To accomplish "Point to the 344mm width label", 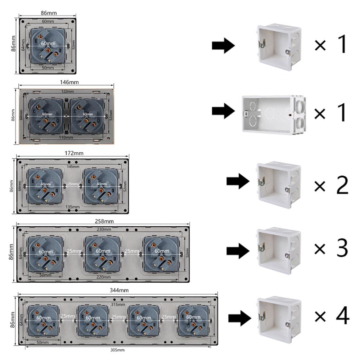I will point(120,290).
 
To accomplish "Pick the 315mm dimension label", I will point(118,304).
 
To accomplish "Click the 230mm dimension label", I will point(104,230).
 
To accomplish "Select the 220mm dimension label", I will point(104,278).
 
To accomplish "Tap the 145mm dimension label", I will point(73,166).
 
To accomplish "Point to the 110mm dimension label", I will point(67,138).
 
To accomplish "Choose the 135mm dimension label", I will point(73,207).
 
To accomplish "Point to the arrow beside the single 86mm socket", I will point(223,46).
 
